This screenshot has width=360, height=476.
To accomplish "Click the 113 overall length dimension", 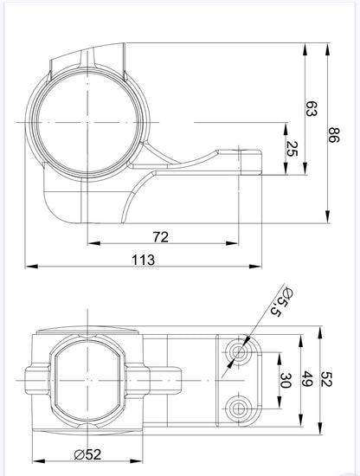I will (x=144, y=259).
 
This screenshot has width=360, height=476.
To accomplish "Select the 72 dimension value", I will (x=159, y=236).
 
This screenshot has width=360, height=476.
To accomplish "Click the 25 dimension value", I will (x=292, y=148).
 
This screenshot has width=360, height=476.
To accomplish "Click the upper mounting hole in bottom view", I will (x=239, y=351).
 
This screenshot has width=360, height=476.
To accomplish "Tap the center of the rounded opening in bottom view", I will (x=87, y=379).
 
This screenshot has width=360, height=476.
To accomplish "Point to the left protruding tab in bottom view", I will (x=35, y=378).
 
